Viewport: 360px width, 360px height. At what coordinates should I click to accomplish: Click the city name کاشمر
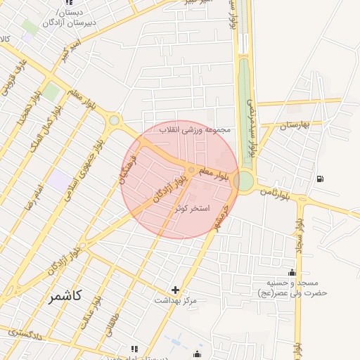click(x=65, y=296)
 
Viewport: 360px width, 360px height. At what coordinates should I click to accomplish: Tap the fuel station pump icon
click(x=321, y=178)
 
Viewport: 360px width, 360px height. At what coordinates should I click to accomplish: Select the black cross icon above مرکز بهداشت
click(x=175, y=290)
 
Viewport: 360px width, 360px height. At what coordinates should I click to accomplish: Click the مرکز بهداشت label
click(x=176, y=301)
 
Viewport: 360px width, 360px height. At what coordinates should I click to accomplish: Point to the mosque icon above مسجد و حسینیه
click(x=292, y=272)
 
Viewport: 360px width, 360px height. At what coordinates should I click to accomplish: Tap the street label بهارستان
click(x=295, y=126)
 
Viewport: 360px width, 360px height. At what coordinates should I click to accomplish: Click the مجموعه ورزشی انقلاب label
click(x=196, y=130)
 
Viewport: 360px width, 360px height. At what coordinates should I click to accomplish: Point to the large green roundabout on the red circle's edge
click(x=244, y=181)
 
